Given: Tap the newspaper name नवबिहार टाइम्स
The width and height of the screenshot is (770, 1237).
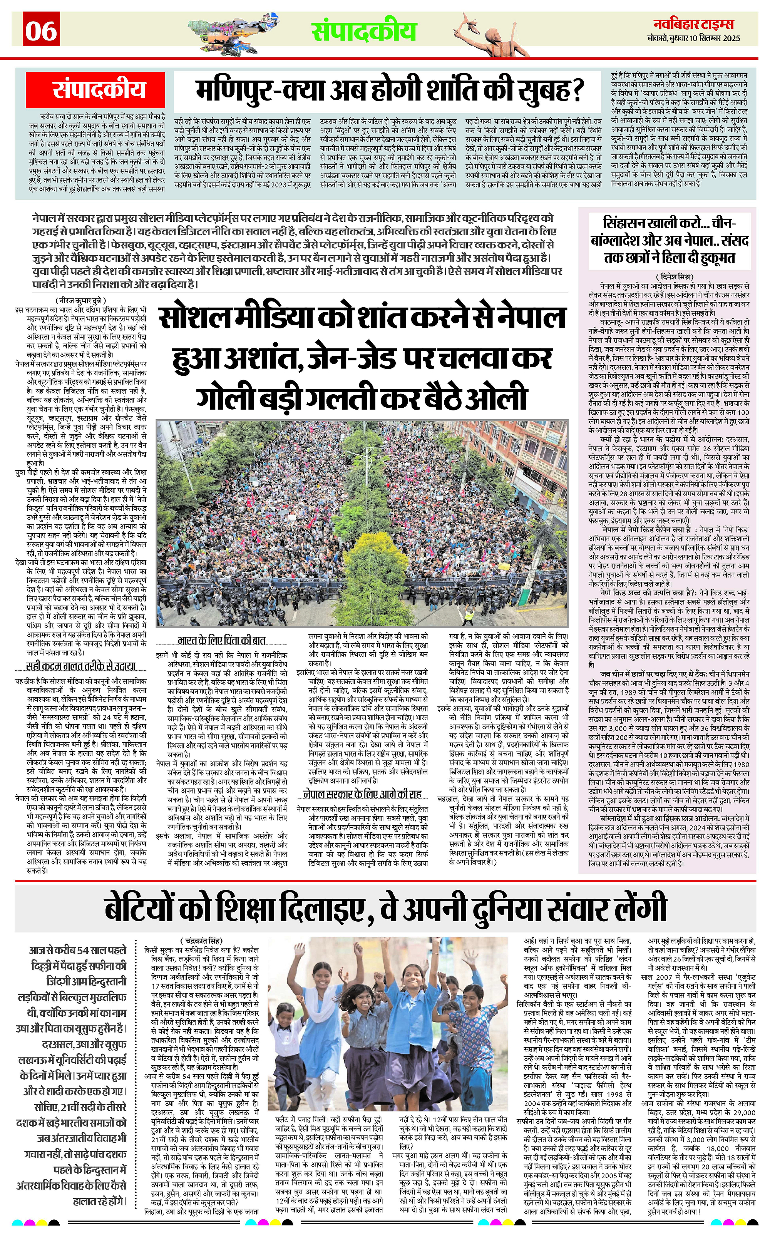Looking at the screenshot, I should tap(694, 24).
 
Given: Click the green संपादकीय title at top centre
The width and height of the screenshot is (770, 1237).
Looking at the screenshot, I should tap(364, 32).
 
